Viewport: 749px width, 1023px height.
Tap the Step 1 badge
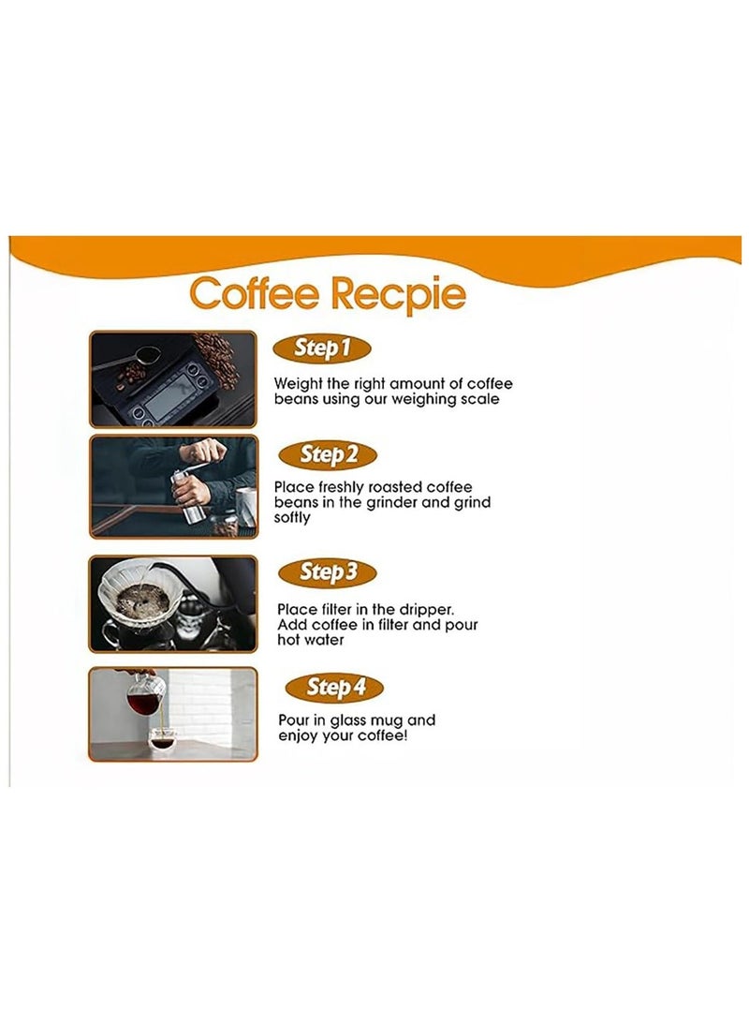pos(322,348)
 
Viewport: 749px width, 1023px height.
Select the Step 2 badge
pos(329,455)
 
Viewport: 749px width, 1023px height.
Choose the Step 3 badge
pos(329,571)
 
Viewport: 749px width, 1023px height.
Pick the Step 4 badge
pos(335,688)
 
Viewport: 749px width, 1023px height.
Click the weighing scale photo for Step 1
pos(172,378)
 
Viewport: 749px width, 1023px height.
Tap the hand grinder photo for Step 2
pos(172,487)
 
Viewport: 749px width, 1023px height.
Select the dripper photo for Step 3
pos(172,604)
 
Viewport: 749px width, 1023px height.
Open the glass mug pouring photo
pos(172,714)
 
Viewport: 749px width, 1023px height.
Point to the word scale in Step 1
pos(478,399)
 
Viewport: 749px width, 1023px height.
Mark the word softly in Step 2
pos(292,517)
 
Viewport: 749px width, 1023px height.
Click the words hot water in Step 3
pos(311,640)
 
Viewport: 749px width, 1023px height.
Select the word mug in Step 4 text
pos(391,720)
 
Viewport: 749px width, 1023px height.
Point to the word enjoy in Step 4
pos(300,735)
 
